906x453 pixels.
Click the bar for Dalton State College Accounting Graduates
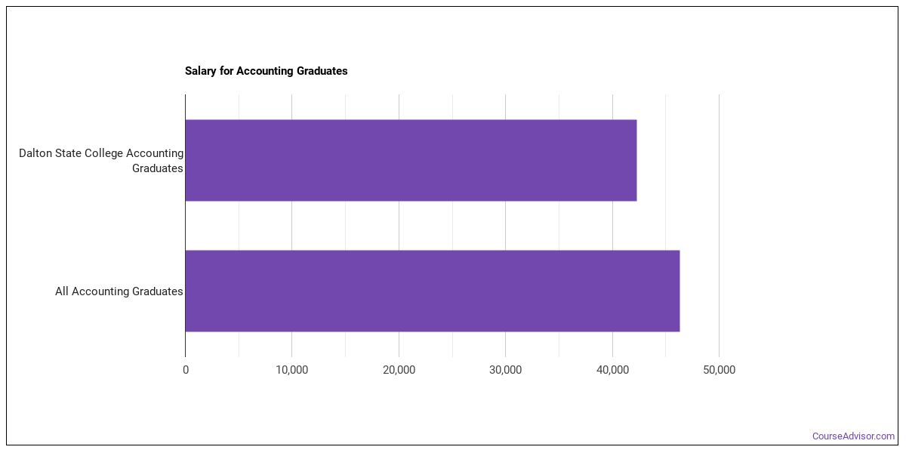pyautogui.click(x=411, y=160)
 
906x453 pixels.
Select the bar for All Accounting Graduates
pyautogui.click(x=433, y=291)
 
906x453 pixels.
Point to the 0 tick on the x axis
pyautogui.click(x=186, y=370)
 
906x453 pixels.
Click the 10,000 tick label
pyautogui.click(x=291, y=370)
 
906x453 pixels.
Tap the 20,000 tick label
pyautogui.click(x=399, y=370)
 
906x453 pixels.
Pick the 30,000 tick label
pyautogui.click(x=505, y=370)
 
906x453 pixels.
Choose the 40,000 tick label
pyautogui.click(x=612, y=370)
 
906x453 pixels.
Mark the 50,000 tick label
pyautogui.click(x=719, y=370)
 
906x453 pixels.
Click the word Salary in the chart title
pyautogui.click(x=200, y=71)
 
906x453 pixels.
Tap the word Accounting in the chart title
pyautogui.click(x=264, y=71)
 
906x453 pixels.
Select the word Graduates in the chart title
pyautogui.click(x=322, y=71)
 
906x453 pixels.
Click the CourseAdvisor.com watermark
pyautogui.click(x=853, y=436)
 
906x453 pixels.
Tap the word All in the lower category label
pyautogui.click(x=62, y=291)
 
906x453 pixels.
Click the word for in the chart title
pyautogui.click(x=226, y=71)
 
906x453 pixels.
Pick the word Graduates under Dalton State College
pyautogui.click(x=157, y=168)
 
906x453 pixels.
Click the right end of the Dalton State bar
pyautogui.click(x=636, y=160)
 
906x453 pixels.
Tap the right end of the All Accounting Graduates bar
pyautogui.click(x=679, y=291)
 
